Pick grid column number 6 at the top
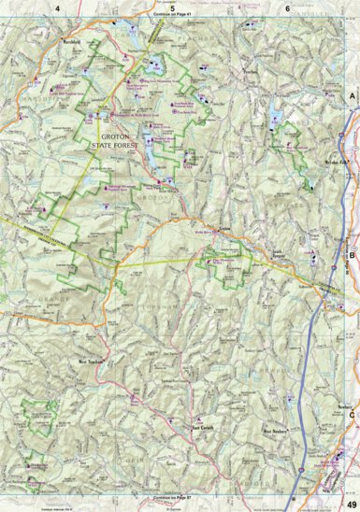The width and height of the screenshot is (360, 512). click(286, 7)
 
